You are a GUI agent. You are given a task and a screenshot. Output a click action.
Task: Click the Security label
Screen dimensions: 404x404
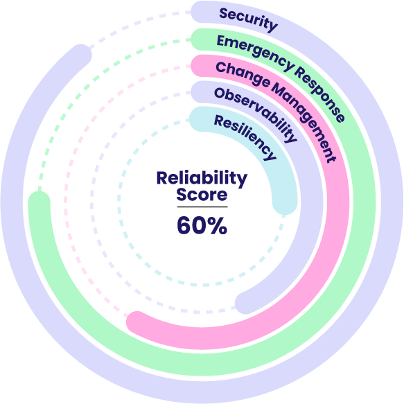(248, 19)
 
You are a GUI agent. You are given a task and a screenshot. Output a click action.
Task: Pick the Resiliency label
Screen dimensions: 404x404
(245, 136)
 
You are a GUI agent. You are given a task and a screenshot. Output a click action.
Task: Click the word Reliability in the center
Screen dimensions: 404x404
(201, 179)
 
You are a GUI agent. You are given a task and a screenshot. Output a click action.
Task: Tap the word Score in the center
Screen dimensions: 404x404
(201, 195)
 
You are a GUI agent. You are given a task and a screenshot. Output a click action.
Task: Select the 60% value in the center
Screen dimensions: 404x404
(201, 225)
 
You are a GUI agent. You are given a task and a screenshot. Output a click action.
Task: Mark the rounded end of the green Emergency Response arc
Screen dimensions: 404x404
(39, 200)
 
